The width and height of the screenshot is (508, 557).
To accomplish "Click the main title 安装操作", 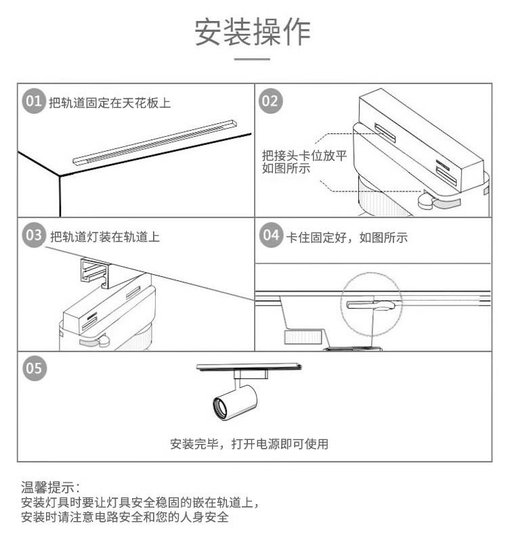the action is pos(253,32).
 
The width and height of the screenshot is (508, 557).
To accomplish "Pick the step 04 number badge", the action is pos(271,236).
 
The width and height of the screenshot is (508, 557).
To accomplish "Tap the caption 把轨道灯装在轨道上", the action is pos(105,237).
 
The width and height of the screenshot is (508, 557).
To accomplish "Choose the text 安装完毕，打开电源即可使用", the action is pos(249,445).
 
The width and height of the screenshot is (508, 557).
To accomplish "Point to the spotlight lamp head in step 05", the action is pos(231,401).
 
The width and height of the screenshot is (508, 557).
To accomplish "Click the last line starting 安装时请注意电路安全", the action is pos(125,518).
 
